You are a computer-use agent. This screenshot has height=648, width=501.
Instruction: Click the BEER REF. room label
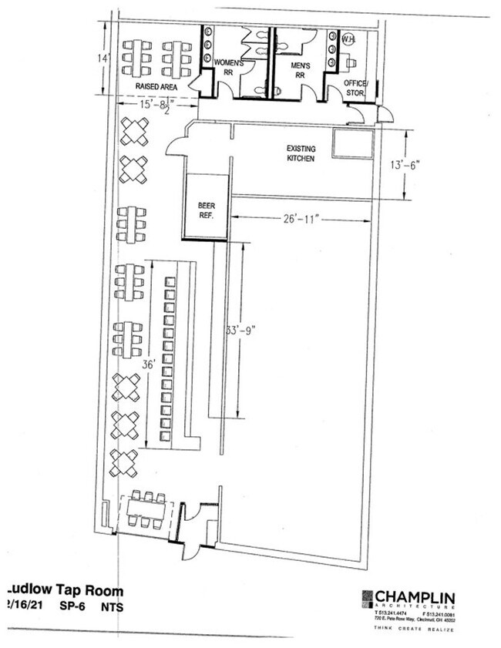coord(207,210)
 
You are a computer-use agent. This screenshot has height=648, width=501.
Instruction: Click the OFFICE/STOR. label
coord(355,89)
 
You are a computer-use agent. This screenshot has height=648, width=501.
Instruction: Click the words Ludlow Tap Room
coord(63,590)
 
